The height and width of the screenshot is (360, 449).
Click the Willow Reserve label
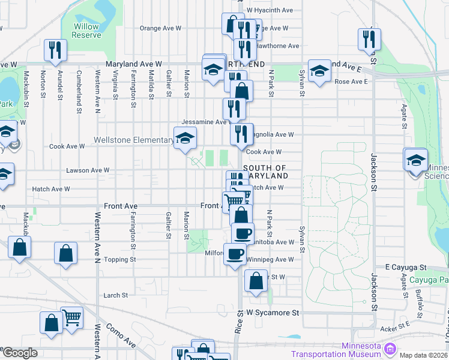tap(86, 31)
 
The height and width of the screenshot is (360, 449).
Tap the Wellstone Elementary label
tap(133, 140)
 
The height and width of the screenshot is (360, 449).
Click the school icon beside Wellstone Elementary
tap(185, 138)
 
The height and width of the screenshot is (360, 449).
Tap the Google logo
tap(20, 353)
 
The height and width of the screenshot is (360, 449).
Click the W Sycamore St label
tap(273, 313)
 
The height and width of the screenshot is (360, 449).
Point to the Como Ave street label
tap(121, 335)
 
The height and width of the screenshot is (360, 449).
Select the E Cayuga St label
tap(405, 267)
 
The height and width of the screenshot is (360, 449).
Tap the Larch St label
tap(115, 295)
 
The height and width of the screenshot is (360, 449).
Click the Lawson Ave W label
tap(88, 170)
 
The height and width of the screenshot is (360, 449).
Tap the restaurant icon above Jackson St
tap(369, 39)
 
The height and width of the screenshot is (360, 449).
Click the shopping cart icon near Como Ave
tap(71, 317)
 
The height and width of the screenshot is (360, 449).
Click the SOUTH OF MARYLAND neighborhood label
tap(266, 172)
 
